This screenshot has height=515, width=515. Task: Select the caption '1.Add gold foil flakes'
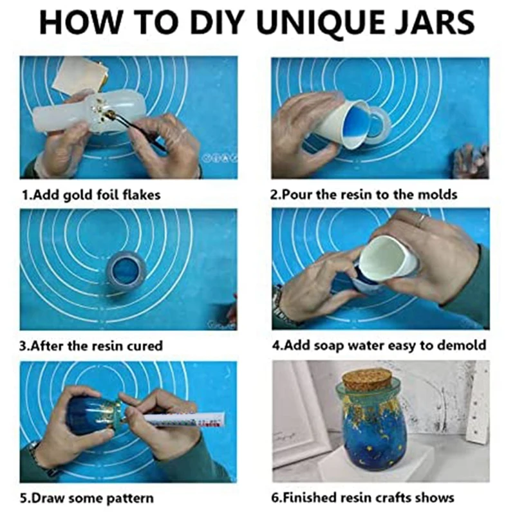pos(91,195)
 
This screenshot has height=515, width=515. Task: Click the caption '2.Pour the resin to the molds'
pos(364,195)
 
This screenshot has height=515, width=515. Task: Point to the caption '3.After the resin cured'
pos(91,346)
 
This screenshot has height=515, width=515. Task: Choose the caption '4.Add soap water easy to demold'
pos(379,345)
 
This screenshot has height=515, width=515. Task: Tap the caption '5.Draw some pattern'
pos(87,498)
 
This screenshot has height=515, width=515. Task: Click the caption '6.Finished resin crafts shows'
pos(362,498)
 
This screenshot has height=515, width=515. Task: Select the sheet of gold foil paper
pos(77,76)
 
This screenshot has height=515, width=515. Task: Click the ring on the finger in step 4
pos(422,220)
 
